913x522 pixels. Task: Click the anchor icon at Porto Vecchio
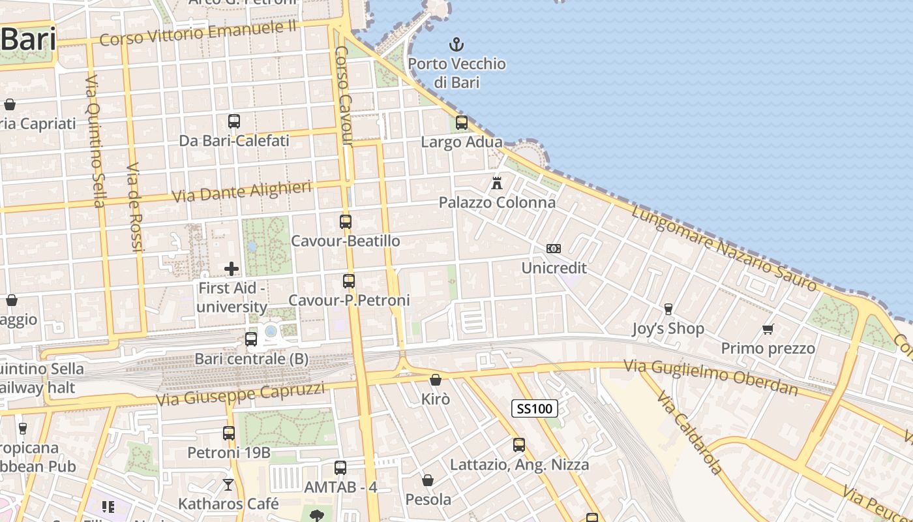pos(457,44)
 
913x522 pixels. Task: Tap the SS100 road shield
pos(534,409)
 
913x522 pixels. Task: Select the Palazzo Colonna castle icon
pos(497,183)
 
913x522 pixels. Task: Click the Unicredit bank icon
pos(554,249)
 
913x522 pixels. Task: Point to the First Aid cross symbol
pos(232,269)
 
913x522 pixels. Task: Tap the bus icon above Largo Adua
pos(462,122)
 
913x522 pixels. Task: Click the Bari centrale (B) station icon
pos(251,339)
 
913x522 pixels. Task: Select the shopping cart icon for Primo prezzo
pos(768,329)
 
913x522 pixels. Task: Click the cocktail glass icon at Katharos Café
pos(228,484)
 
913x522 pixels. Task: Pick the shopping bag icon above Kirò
pos(436,379)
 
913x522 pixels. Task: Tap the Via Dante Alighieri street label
pos(241,192)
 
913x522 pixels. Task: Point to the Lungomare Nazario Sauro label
pos(724,249)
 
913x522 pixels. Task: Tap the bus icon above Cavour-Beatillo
pos(346,222)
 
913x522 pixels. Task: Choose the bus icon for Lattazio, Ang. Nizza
pos(519,445)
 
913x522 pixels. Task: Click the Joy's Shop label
pos(668,328)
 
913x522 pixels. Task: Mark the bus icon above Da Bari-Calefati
pos(234,121)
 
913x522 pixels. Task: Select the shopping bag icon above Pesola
pos(428,480)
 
